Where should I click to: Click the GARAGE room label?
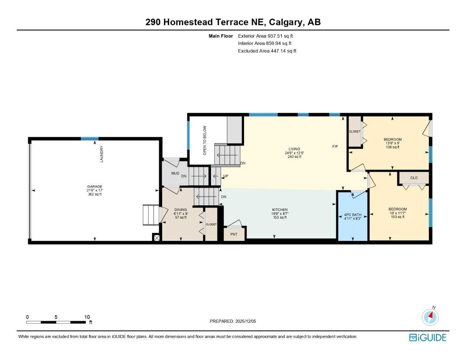pos(95,187)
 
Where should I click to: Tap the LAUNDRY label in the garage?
pos(102,154)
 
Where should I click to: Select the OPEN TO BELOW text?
pos(205,140)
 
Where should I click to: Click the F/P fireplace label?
pos(335,146)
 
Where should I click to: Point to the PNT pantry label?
pos(234,234)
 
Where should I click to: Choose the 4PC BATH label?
pos(353,215)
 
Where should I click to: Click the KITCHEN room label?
pos(280,210)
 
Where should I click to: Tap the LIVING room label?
pos(294,149)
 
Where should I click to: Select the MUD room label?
pos(175,173)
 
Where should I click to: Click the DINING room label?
pos(181,210)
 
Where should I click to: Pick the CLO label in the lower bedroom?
pos(414,178)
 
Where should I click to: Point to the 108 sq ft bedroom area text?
pos(392,147)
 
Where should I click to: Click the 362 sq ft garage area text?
pos(95,194)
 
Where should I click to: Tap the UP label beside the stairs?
pos(226,176)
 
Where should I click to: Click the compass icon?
pos(430,317)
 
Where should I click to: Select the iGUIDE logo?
pos(428,337)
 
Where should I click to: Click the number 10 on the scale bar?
pos(87,317)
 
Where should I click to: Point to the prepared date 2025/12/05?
pos(245,321)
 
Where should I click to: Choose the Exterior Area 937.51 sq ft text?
pos(265,36)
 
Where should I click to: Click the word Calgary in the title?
pos(285,22)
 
